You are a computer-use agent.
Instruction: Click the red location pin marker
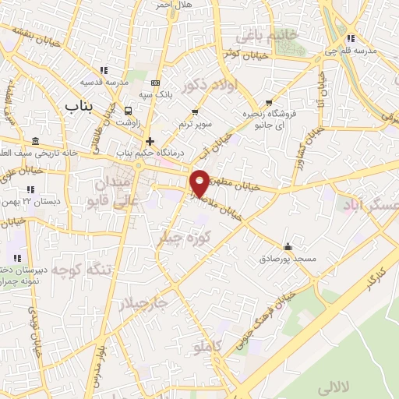(x=200, y=182)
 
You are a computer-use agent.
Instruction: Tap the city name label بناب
(x=80, y=104)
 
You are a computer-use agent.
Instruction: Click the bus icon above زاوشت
(x=128, y=110)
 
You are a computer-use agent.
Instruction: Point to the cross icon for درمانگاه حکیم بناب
(x=150, y=141)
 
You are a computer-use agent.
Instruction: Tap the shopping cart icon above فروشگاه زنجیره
(x=269, y=102)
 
